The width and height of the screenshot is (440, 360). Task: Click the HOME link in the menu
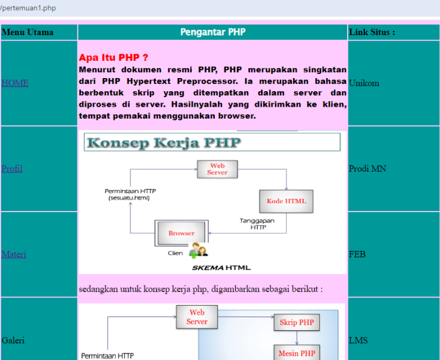point(15,83)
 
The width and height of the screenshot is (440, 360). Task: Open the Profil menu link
point(12,169)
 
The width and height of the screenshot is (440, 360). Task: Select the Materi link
point(14,255)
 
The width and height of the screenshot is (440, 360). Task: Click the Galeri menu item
point(14,340)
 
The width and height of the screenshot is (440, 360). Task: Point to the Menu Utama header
point(27,32)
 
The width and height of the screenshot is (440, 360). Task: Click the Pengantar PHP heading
point(213,32)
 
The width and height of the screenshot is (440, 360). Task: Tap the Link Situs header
point(372,32)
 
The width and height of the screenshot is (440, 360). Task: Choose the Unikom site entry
point(364,83)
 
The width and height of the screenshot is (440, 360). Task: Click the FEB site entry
point(357,255)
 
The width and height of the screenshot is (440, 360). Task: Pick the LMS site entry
point(358,340)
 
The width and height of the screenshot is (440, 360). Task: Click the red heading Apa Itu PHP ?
point(113,58)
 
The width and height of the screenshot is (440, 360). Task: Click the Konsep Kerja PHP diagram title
point(164,142)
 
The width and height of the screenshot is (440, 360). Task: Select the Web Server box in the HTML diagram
point(217,169)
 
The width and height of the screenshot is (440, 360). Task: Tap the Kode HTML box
point(286,201)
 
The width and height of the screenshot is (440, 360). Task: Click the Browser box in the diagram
point(181,233)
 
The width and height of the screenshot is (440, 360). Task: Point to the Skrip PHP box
point(297,322)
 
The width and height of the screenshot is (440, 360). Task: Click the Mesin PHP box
point(297,353)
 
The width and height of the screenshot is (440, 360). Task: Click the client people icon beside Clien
point(198,252)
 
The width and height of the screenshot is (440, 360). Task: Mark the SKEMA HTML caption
point(225,268)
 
